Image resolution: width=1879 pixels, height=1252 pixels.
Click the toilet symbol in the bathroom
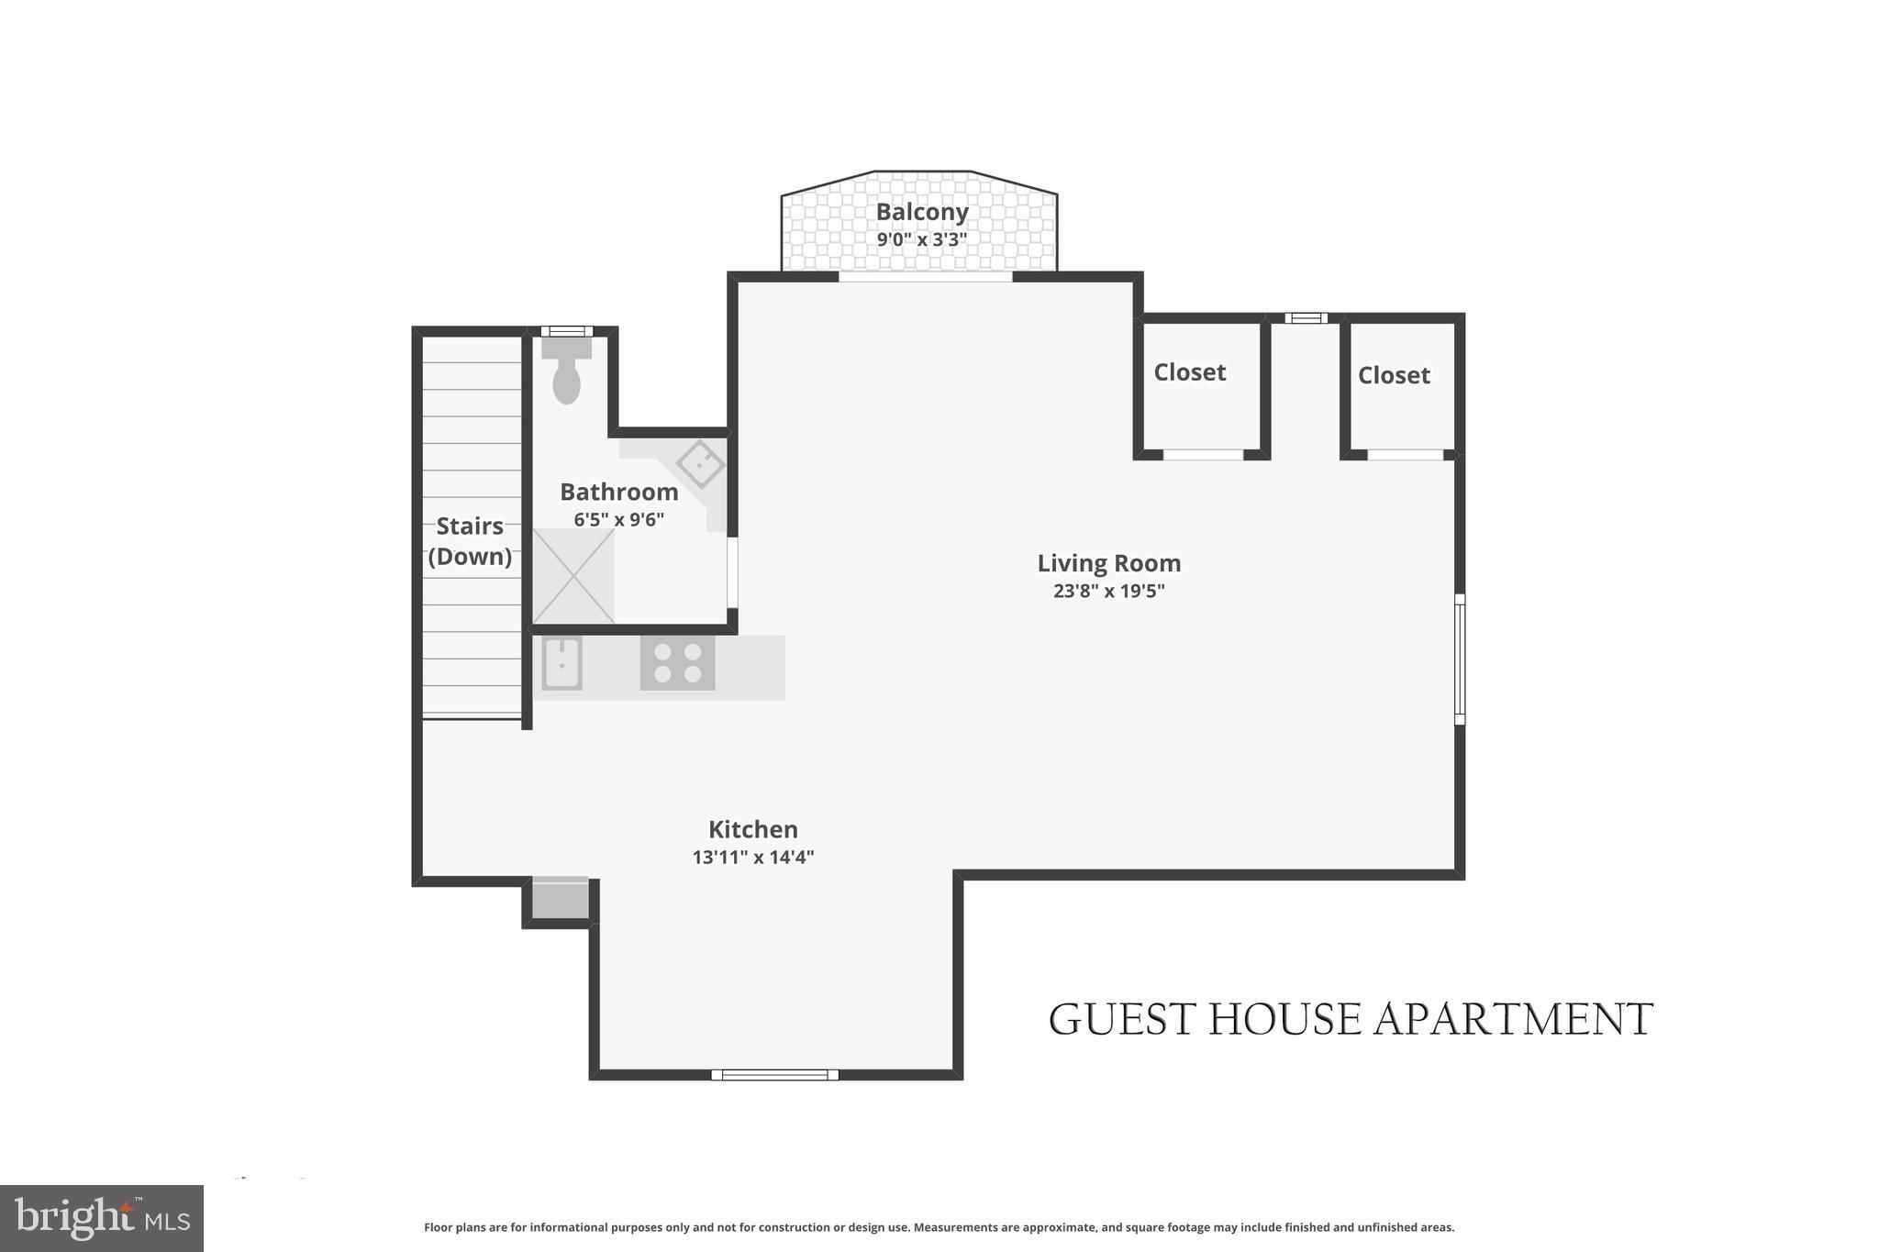click(567, 372)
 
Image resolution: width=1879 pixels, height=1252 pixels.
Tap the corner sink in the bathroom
click(701, 464)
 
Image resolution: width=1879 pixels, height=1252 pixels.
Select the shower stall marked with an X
click(573, 576)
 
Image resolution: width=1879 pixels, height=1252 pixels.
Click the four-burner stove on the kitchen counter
click(677, 663)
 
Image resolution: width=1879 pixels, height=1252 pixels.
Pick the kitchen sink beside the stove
click(561, 663)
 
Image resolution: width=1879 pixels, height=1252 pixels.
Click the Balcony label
click(921, 212)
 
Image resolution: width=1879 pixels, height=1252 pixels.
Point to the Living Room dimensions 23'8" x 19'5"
click(1108, 591)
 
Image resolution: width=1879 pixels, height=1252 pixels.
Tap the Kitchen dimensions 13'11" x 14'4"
click(752, 858)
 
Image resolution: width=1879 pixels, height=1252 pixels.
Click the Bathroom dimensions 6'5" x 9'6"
click(618, 520)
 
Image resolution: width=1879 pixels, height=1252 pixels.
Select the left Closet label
click(1189, 372)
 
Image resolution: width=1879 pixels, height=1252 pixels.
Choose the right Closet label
click(1393, 375)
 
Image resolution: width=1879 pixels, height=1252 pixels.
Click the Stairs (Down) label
click(470, 541)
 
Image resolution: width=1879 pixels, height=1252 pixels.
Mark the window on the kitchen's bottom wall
click(774, 1074)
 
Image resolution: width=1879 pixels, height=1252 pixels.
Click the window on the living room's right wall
click(1459, 659)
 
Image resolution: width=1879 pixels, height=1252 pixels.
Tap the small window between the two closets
click(1306, 318)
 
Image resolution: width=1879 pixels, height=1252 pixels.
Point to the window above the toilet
click(566, 331)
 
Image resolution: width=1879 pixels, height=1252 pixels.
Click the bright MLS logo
click(102, 1218)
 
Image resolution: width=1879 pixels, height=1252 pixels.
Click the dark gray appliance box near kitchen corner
click(560, 898)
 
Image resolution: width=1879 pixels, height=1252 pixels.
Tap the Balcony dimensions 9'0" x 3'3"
click(921, 240)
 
